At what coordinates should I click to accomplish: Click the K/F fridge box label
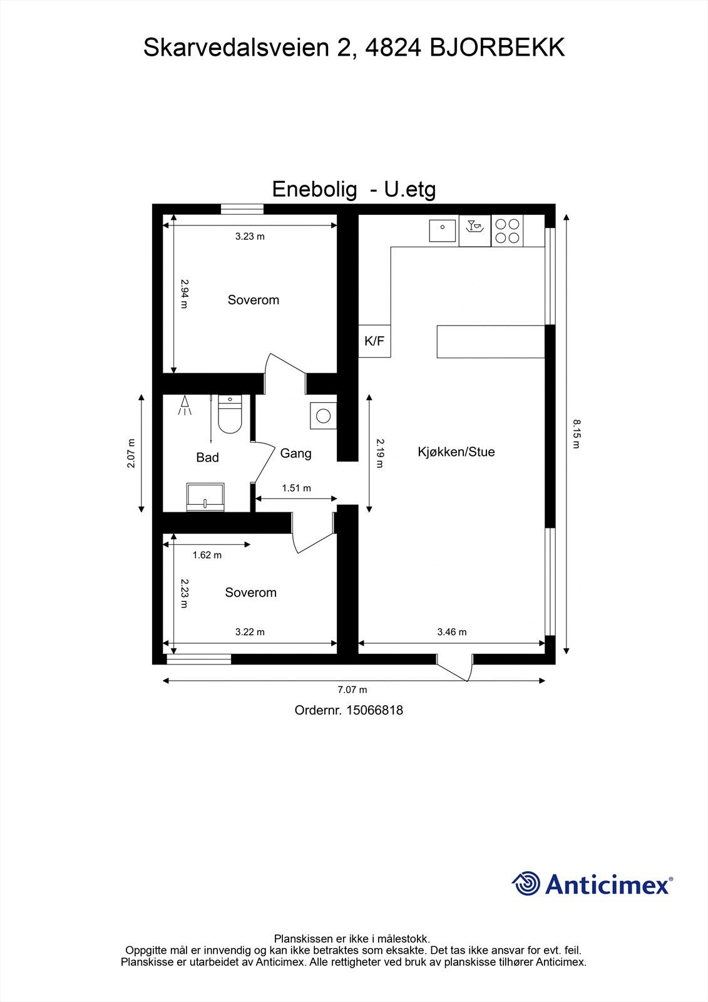pyautogui.click(x=374, y=341)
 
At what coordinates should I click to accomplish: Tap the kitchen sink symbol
pyautogui.click(x=443, y=230)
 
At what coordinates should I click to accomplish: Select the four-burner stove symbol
pyautogui.click(x=507, y=230)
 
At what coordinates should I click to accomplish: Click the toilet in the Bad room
pyautogui.click(x=230, y=416)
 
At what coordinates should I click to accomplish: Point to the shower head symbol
pyautogui.click(x=185, y=405)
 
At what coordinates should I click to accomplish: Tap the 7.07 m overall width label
pyautogui.click(x=352, y=690)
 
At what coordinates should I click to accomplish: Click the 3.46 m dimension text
pyautogui.click(x=451, y=632)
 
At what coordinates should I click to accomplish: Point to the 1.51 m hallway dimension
pyautogui.click(x=296, y=488)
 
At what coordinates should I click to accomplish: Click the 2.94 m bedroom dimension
pyautogui.click(x=184, y=293)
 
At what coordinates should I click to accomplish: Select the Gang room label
pyautogui.click(x=295, y=453)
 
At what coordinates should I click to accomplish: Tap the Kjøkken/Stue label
pyautogui.click(x=456, y=452)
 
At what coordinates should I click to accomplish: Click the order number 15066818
pyautogui.click(x=375, y=710)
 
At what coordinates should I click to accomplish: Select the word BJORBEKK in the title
pyautogui.click(x=497, y=48)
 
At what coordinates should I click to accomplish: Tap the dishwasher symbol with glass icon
pyautogui.click(x=475, y=230)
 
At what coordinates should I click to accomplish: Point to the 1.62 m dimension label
pyautogui.click(x=207, y=555)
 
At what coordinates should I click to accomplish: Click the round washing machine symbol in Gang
pyautogui.click(x=323, y=416)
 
